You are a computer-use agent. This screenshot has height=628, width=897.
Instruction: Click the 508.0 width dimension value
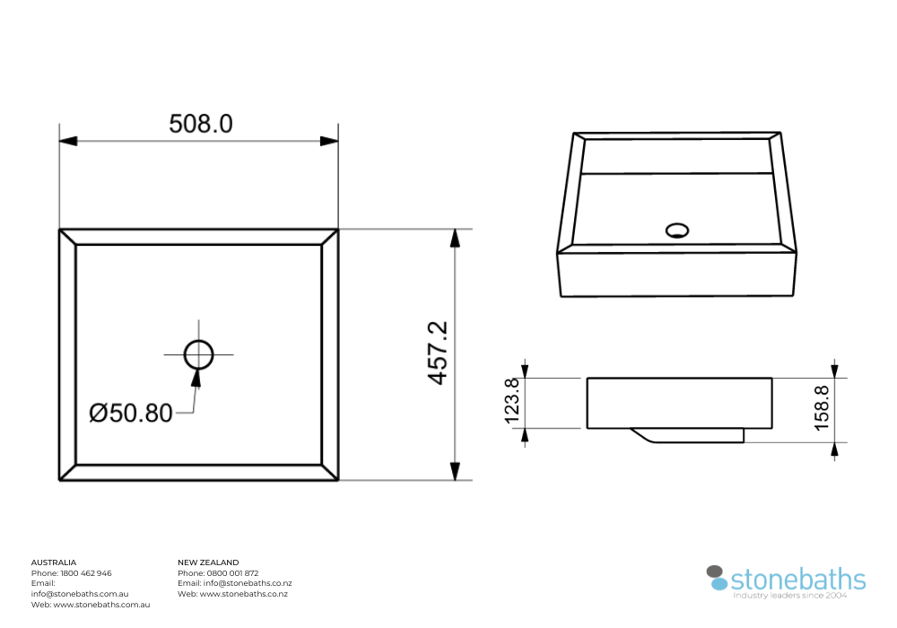(x=201, y=124)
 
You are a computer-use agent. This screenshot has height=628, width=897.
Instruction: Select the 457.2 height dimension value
(x=437, y=353)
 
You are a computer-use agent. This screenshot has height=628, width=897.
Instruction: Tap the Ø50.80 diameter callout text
(x=131, y=414)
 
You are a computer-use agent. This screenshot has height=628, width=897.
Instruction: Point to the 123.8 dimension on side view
(x=512, y=402)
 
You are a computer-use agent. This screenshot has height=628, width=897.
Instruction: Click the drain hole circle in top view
(x=199, y=354)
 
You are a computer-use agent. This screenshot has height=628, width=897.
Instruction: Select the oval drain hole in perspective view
(x=678, y=231)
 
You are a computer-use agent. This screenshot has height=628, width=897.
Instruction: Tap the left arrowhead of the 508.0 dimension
(x=68, y=141)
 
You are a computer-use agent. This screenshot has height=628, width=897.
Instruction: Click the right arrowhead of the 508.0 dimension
(x=329, y=141)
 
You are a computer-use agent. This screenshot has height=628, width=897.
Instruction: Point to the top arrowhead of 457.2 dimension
(x=455, y=239)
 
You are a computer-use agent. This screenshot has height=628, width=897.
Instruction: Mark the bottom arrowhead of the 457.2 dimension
(x=455, y=470)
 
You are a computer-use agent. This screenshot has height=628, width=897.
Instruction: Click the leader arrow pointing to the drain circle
(x=196, y=377)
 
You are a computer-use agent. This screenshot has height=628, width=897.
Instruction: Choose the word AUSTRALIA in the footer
(x=54, y=563)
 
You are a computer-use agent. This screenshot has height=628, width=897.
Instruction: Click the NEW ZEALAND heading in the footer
(x=208, y=563)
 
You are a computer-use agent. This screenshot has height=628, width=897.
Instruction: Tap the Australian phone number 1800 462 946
(x=85, y=573)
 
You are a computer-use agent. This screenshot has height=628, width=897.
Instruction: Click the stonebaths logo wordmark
(x=798, y=579)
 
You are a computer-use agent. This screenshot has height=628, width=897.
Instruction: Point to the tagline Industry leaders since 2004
(x=789, y=596)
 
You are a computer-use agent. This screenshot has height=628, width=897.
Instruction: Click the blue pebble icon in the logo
(x=719, y=584)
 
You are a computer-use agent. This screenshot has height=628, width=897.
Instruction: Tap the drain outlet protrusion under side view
(x=691, y=435)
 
